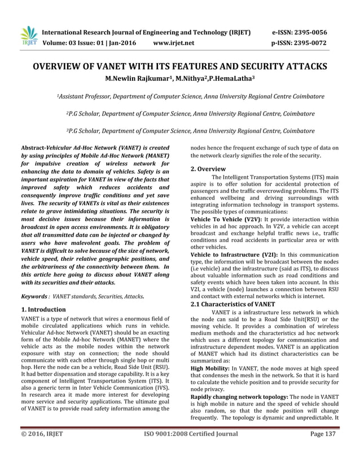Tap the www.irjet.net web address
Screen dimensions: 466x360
point(174,42)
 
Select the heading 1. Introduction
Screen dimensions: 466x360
point(43,310)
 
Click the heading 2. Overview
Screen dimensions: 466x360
point(208,169)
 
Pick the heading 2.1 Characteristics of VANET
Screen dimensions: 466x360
point(232,304)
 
